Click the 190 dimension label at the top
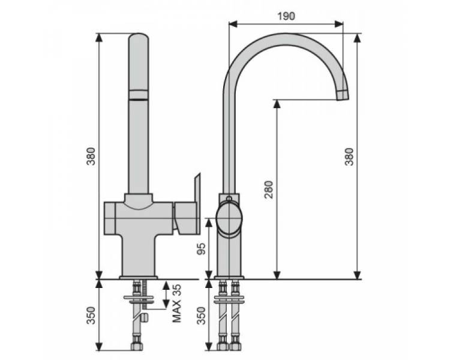pos(286,16)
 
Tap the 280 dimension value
pos(269,190)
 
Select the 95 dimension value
pos(202,248)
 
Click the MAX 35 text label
pos(176,303)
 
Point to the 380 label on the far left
pos(91,156)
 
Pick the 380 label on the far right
pos(349,157)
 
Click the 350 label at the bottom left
pos(91,316)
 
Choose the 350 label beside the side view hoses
pos(202,316)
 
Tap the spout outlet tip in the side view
pos(343,95)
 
